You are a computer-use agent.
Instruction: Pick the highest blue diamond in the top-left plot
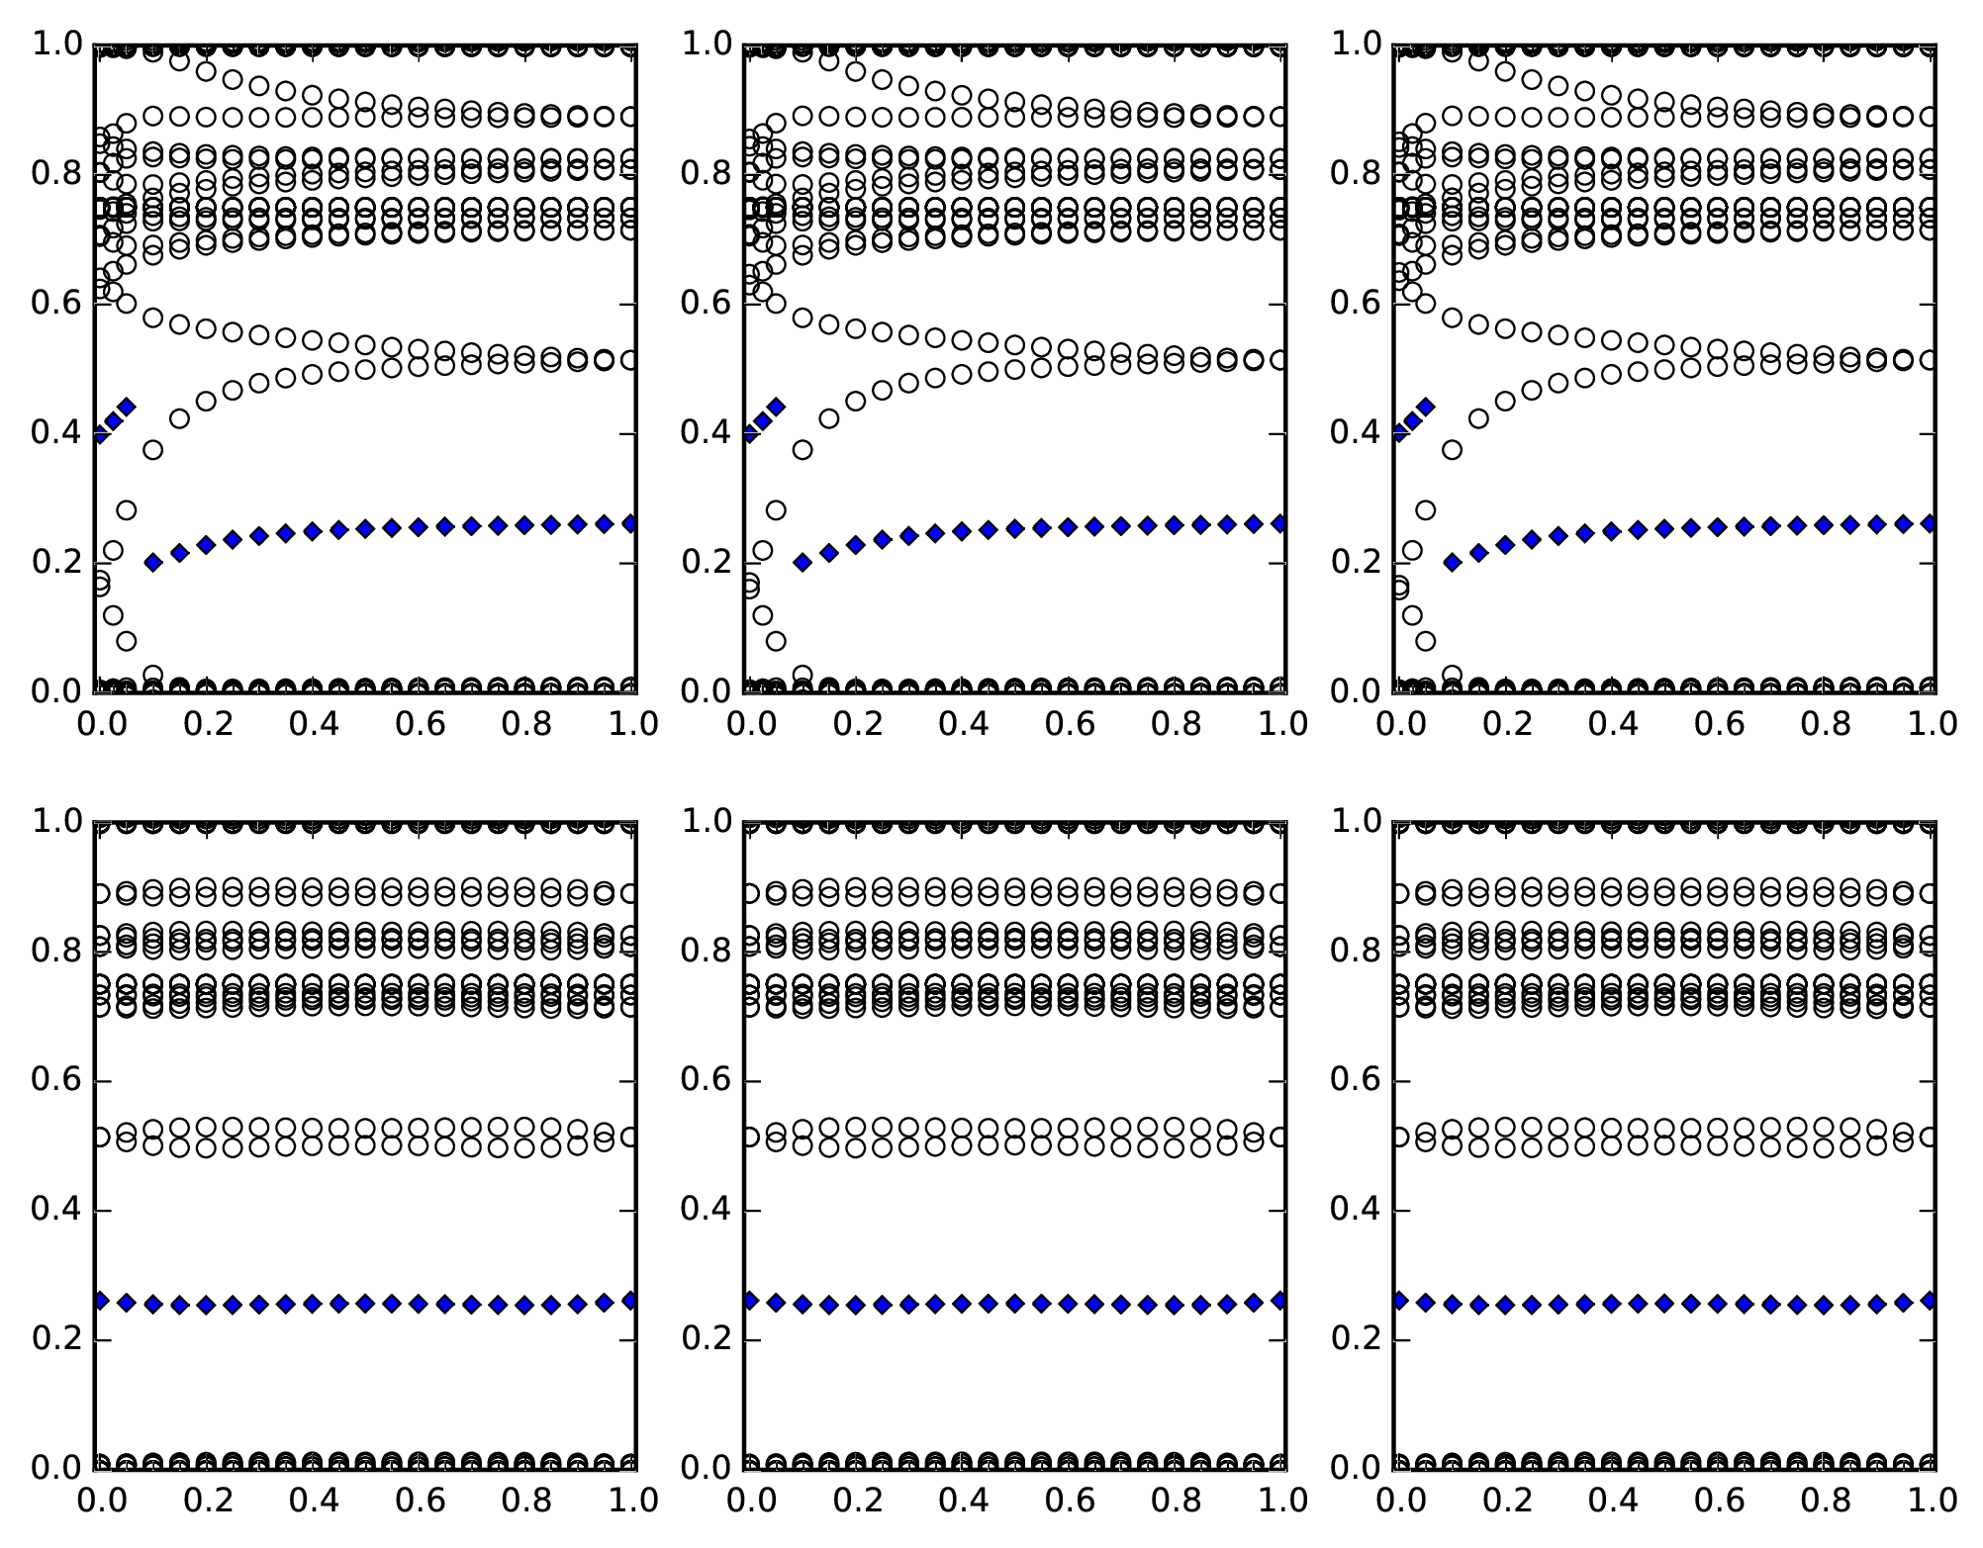pyautogui.click(x=126, y=407)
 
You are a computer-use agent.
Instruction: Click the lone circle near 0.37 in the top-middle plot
pyautogui.click(x=803, y=450)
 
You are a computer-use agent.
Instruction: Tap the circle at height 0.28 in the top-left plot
pyautogui.click(x=126, y=510)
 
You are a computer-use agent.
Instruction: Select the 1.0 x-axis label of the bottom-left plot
pyautogui.click(x=634, y=1501)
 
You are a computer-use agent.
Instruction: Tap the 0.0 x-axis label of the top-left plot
pyautogui.click(x=98, y=724)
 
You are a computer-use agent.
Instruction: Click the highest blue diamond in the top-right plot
pyautogui.click(x=1426, y=407)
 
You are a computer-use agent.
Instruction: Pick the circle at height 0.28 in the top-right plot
pyautogui.click(x=1426, y=510)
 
